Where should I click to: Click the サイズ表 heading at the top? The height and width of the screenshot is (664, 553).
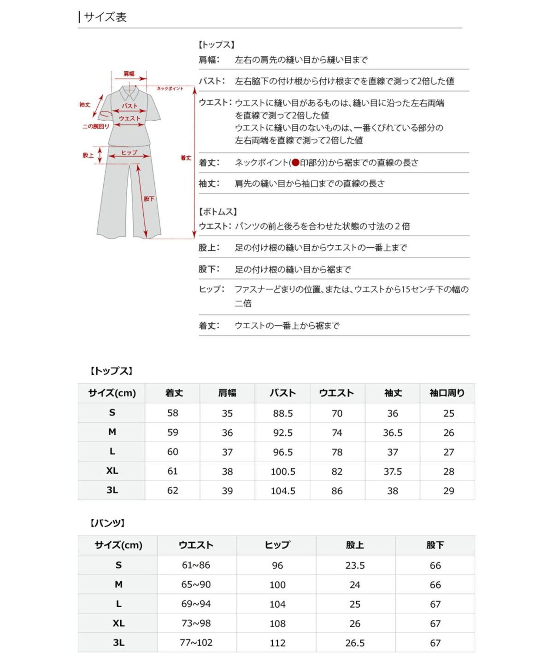[105, 17]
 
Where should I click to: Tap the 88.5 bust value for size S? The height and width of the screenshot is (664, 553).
[282, 413]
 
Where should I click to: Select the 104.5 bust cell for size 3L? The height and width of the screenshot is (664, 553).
[282, 491]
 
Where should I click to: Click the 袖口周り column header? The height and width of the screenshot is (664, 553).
[447, 393]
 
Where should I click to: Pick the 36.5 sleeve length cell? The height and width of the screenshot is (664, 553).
[392, 433]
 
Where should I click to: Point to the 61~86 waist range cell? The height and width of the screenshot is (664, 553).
[196, 565]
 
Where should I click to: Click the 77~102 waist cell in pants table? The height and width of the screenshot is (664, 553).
[196, 642]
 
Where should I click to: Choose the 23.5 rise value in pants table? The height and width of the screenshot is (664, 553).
[355, 565]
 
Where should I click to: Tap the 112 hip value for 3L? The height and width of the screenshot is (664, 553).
[277, 643]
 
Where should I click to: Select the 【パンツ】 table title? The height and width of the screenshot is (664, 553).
[107, 523]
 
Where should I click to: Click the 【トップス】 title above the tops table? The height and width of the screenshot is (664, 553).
[111, 371]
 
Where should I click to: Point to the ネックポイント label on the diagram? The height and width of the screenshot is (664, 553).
[170, 88]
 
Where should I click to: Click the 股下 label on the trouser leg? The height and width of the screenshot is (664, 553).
[149, 199]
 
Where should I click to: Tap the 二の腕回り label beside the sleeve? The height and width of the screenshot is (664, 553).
[95, 126]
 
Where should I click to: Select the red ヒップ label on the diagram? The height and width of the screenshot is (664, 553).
[129, 152]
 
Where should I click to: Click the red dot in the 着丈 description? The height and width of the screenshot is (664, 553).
[295, 162]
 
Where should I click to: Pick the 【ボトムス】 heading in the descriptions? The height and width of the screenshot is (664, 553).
[218, 212]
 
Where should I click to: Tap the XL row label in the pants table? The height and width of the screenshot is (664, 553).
[118, 623]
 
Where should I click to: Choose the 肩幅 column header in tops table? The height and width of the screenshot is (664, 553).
[227, 393]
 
